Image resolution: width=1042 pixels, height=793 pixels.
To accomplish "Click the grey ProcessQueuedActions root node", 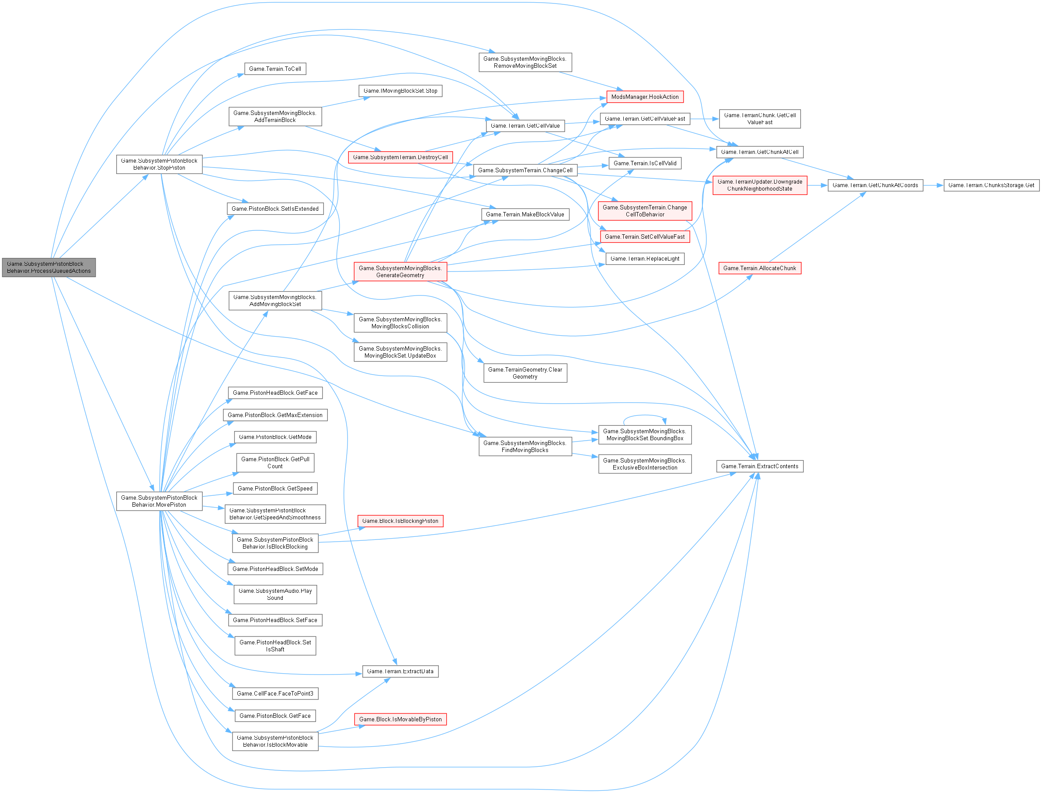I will click(49, 267).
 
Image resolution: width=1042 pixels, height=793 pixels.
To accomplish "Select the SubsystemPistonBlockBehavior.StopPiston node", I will click(159, 164).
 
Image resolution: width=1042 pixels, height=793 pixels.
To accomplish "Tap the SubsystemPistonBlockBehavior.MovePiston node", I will click(159, 501).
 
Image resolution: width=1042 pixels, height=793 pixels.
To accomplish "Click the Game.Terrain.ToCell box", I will click(274, 69).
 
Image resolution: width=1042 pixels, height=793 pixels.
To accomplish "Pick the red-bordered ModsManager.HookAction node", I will click(645, 97).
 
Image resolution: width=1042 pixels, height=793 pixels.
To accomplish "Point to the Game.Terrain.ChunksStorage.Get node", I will click(991, 185).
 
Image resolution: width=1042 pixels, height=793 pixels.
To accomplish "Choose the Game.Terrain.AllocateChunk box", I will click(759, 268).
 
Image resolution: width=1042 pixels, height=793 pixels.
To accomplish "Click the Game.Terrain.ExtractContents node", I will click(759, 466).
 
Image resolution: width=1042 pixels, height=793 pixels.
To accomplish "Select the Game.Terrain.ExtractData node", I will click(400, 671).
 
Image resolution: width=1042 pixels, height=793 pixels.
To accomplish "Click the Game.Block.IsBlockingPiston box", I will click(400, 521).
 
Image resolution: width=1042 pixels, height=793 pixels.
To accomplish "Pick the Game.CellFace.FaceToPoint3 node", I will click(274, 693).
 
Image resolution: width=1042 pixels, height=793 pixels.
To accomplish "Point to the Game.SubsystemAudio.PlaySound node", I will click(274, 594).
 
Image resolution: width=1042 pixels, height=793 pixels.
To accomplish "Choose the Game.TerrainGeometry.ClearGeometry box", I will click(525, 373).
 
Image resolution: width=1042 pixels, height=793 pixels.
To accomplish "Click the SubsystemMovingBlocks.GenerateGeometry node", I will click(400, 271).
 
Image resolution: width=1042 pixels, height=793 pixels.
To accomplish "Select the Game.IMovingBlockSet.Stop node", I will click(400, 90).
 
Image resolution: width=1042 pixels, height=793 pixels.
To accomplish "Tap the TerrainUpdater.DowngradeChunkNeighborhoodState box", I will click(759, 185).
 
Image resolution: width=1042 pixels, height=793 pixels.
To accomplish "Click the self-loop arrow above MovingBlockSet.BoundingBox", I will click(645, 416).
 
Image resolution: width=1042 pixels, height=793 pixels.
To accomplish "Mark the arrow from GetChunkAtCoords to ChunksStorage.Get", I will click(933, 185).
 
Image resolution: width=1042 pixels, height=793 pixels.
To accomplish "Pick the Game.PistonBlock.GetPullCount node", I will click(274, 463).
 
